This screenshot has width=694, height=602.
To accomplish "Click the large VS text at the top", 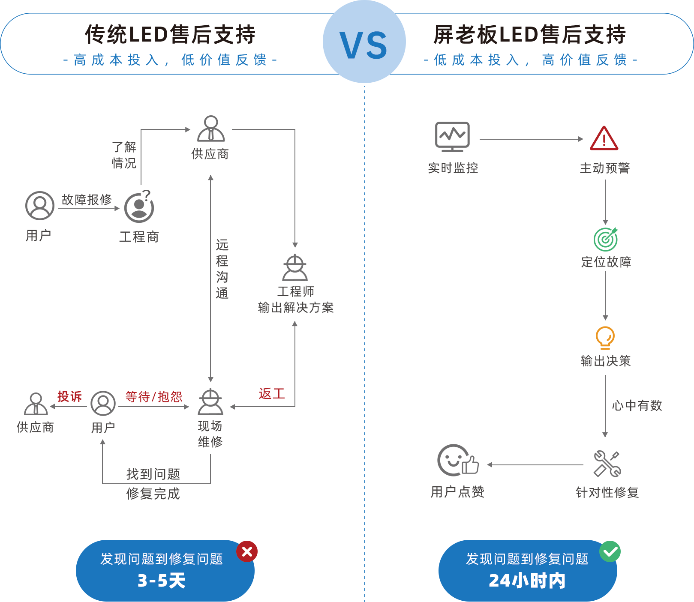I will point(364,45).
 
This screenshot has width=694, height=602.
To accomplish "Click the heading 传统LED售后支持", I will point(170,34).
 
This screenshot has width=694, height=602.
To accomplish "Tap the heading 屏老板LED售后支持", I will point(529,34).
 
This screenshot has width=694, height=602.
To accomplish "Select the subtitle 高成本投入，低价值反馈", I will point(170,60).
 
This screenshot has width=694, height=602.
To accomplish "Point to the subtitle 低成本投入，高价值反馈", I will point(530,60).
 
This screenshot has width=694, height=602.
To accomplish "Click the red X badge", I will point(246,551).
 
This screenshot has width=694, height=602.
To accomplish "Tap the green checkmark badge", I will point(610,551).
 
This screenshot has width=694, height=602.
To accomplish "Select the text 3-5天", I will point(161,581).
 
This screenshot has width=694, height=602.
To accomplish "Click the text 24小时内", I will point(527,581).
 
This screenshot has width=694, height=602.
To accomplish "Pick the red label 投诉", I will point(69,396).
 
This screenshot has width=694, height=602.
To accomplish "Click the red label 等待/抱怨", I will point(153,397).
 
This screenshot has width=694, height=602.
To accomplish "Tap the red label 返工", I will point(271,393).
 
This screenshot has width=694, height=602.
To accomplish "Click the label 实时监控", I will point(453,168).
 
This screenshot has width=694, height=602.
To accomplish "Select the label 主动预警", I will point(604,168).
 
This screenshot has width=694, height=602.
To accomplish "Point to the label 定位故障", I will point(606,261).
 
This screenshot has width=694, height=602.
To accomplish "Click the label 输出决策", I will point(605,361).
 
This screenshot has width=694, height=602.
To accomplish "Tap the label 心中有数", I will point(637,405).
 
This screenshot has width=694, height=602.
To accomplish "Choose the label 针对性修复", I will point(607,492).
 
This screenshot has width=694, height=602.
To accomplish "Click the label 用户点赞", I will point(457,491).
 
